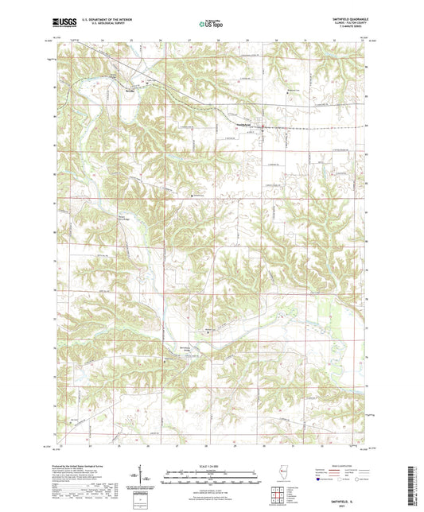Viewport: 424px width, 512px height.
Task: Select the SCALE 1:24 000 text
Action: [211, 465]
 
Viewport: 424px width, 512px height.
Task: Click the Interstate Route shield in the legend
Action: [319, 479]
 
